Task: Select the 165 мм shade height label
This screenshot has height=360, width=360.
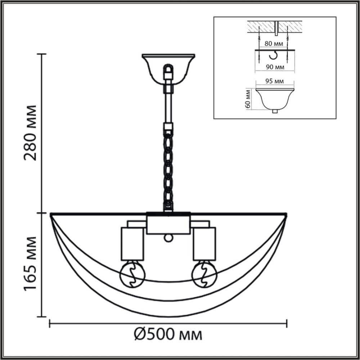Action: [x=31, y=265]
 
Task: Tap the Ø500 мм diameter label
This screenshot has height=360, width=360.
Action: [x=168, y=335]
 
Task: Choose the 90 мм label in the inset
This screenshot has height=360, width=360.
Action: [x=275, y=67]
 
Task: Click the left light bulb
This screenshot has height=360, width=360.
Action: [x=132, y=274]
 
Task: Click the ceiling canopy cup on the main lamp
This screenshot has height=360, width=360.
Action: [x=168, y=68]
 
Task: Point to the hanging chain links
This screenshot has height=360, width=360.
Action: [x=168, y=169]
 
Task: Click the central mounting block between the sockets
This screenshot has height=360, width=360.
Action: [x=168, y=223]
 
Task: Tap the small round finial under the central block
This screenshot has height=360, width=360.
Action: [x=168, y=238]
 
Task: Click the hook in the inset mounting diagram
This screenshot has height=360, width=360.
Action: [x=275, y=55]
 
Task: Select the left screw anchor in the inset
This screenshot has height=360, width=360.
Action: [x=259, y=38]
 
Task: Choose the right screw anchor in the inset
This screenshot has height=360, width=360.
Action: [x=288, y=38]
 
